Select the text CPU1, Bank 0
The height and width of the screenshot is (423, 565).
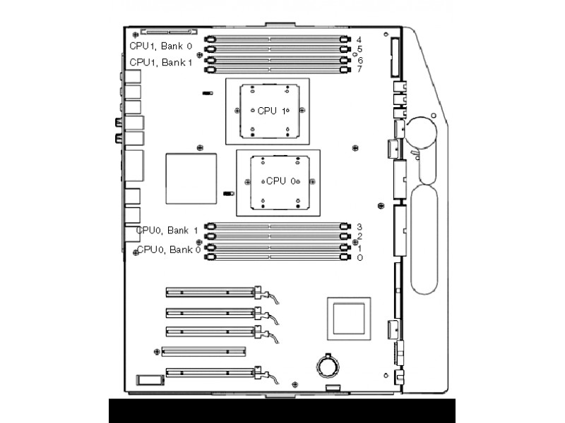click(161, 46)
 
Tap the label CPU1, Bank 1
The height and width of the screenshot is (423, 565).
click(161, 63)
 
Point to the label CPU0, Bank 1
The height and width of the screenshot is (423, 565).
click(167, 231)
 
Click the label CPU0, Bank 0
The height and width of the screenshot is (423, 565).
click(169, 250)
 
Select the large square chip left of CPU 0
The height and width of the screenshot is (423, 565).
click(191, 179)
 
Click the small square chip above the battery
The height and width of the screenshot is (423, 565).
click(349, 319)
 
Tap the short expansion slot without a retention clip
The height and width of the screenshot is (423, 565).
click(203, 351)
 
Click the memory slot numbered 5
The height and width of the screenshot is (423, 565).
click(278, 49)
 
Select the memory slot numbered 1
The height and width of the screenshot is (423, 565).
click(278, 247)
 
